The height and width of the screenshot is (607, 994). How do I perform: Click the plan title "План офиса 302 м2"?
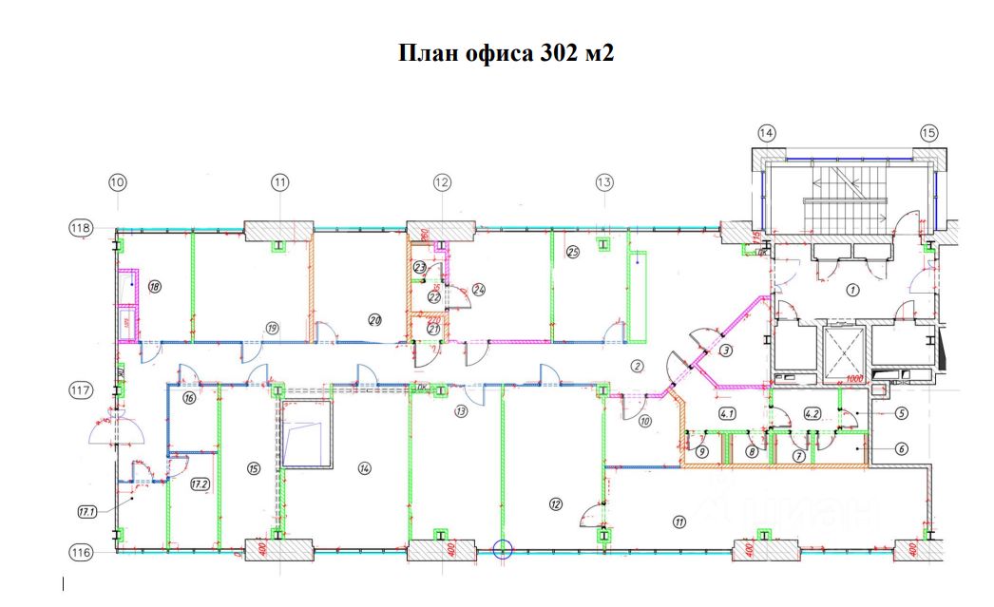[x=506, y=53]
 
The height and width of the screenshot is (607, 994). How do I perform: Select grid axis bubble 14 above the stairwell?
[x=767, y=133]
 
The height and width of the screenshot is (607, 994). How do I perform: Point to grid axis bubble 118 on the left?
[x=80, y=228]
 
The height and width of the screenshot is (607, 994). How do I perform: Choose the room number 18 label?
[x=154, y=286]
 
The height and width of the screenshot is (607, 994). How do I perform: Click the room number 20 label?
[x=374, y=320]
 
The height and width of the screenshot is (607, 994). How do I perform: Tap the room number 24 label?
[x=479, y=289]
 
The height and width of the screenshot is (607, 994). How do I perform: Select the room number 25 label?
[x=572, y=252]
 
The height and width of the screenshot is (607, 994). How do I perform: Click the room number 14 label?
[x=364, y=467]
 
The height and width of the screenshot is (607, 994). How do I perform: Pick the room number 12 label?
[x=556, y=503]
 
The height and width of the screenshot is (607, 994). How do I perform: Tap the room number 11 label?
[x=679, y=520]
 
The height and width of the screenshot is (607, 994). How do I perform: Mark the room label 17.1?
[x=87, y=512]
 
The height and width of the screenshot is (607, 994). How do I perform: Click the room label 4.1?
[x=728, y=413]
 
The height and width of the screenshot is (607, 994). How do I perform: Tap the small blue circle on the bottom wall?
[x=503, y=548]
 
